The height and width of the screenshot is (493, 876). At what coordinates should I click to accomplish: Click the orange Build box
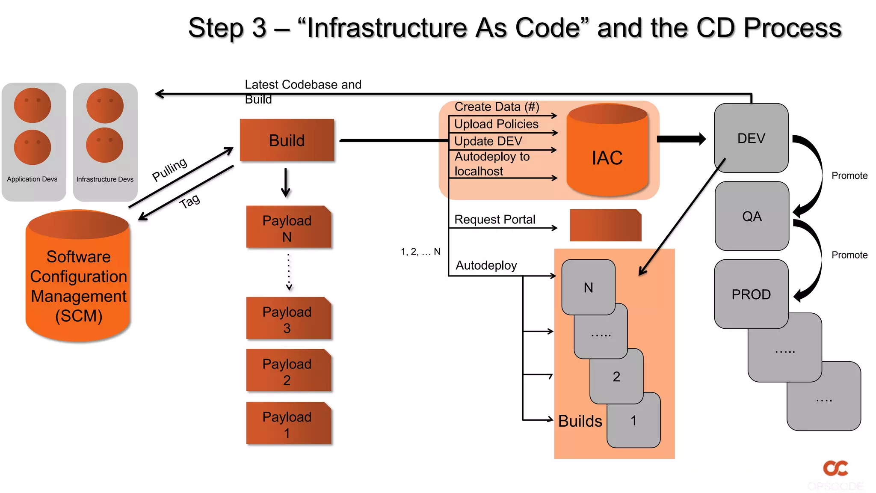tap(287, 140)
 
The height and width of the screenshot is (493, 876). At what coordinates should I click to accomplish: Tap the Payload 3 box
tap(288, 319)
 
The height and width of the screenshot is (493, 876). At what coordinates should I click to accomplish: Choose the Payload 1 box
tap(288, 424)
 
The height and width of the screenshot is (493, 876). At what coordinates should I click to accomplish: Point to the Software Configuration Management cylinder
tap(78, 282)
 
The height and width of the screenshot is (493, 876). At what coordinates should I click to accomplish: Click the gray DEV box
tap(751, 138)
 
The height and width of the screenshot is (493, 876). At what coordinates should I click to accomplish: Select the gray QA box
tap(752, 216)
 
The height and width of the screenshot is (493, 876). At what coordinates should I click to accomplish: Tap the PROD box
tap(751, 294)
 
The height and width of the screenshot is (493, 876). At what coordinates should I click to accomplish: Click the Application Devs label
tap(32, 179)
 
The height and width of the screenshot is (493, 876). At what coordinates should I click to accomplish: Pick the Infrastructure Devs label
tap(105, 179)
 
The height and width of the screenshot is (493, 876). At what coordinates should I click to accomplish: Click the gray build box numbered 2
tap(616, 376)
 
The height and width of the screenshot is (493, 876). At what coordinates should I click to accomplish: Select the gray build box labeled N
tap(588, 287)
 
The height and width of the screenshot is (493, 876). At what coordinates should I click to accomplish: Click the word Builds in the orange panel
tap(580, 421)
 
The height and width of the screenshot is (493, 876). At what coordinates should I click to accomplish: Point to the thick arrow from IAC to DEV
tap(681, 139)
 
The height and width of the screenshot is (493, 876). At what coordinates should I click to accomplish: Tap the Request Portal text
tap(494, 220)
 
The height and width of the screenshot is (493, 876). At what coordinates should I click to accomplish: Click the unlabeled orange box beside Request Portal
tap(605, 226)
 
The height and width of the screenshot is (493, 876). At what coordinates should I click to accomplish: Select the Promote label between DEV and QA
tap(849, 175)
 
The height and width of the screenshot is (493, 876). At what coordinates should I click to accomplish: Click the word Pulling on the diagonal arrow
tap(170, 169)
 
